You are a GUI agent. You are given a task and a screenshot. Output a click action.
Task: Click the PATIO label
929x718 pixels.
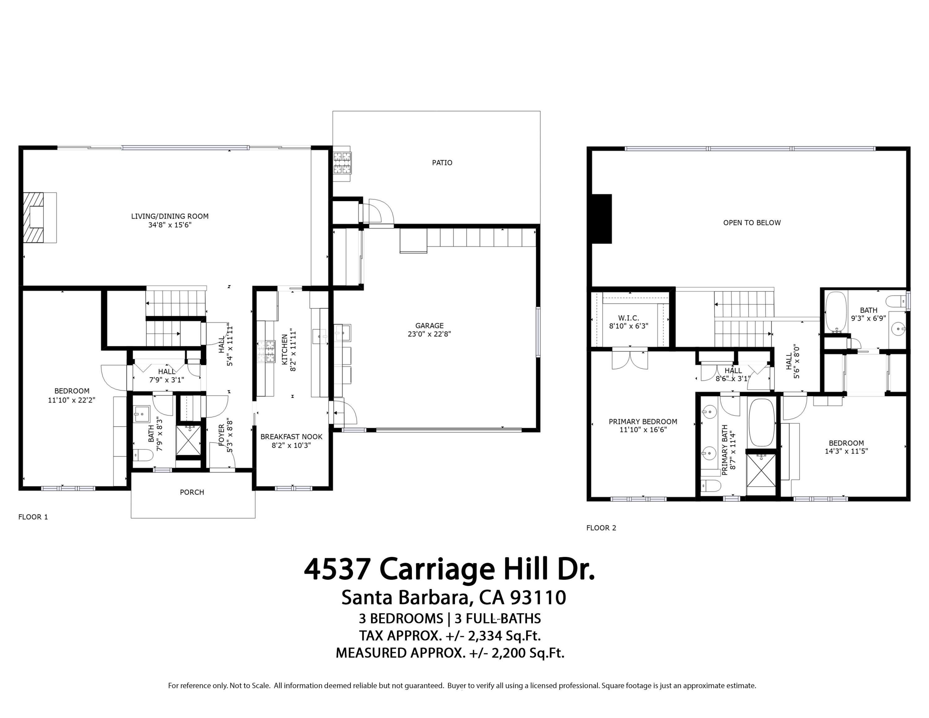click(x=442, y=163)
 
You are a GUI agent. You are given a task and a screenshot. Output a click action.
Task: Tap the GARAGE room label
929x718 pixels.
click(x=429, y=326)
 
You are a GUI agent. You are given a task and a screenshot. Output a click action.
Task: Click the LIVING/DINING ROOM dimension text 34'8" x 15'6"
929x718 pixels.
click(x=170, y=225)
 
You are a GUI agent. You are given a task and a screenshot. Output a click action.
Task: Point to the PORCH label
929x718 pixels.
click(x=192, y=492)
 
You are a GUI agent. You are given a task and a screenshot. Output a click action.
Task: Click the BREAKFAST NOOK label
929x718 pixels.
click(x=291, y=437)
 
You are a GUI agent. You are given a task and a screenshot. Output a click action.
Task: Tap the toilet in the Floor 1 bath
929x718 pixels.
click(x=143, y=455)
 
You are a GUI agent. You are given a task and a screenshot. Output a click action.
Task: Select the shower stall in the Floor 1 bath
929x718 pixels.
click(x=188, y=440)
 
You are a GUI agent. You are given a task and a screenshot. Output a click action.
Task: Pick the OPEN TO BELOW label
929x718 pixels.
click(x=752, y=222)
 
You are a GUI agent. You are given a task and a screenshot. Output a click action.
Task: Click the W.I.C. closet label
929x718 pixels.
click(x=628, y=318)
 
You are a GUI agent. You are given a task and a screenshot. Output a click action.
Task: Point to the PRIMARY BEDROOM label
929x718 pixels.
click(x=643, y=422)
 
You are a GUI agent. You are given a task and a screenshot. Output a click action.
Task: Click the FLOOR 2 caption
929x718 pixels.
click(x=601, y=528)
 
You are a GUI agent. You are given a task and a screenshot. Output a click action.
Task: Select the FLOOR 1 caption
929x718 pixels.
click(x=33, y=517)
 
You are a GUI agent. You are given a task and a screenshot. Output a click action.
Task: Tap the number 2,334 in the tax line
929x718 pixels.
click(x=485, y=636)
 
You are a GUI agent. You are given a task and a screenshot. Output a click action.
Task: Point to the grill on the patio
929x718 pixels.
click(x=342, y=163)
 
